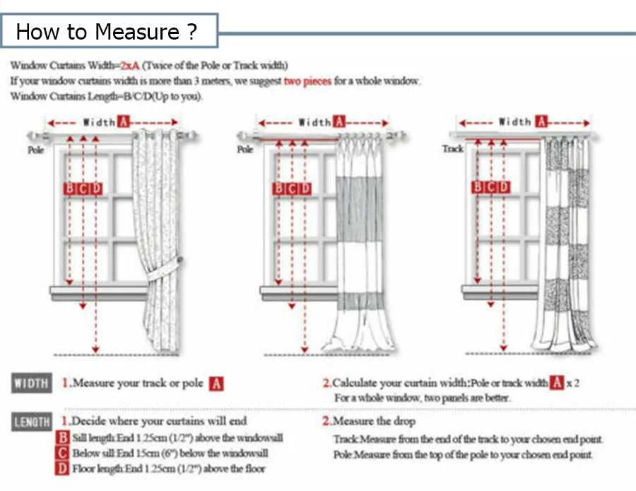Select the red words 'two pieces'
tap(307, 81)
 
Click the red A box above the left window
tap(124, 122)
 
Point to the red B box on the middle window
tap(278, 188)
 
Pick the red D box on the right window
tap(504, 187)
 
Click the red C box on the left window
tap(83, 188)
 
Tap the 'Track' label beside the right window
tap(452, 149)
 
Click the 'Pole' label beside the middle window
tap(245, 150)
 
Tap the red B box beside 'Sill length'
tap(64, 438)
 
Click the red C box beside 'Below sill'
tap(64, 453)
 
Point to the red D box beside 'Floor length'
tap(64, 468)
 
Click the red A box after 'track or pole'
tap(216, 384)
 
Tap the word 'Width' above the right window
tap(515, 122)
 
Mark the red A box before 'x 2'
tap(557, 383)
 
